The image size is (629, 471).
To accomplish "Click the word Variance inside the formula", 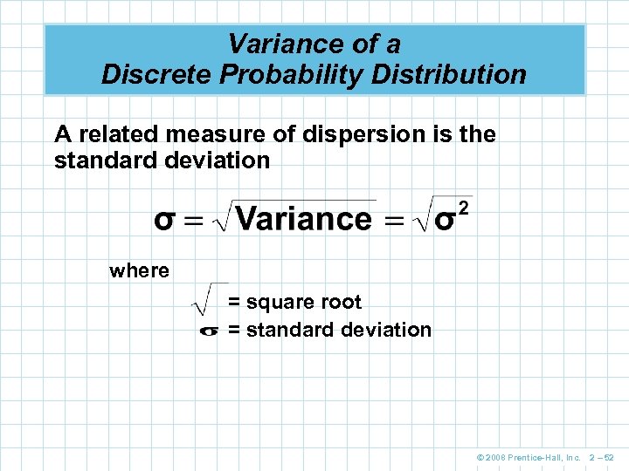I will coord(304,218).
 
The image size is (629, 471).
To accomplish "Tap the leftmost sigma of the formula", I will coord(164,219).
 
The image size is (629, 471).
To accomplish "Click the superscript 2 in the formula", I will coord(464,208).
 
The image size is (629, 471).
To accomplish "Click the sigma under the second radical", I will coord(444,219).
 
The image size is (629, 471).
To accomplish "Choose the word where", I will coord(139,270).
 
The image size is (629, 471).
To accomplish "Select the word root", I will coord(341,302).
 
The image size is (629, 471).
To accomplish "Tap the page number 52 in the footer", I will coord(610,456).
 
